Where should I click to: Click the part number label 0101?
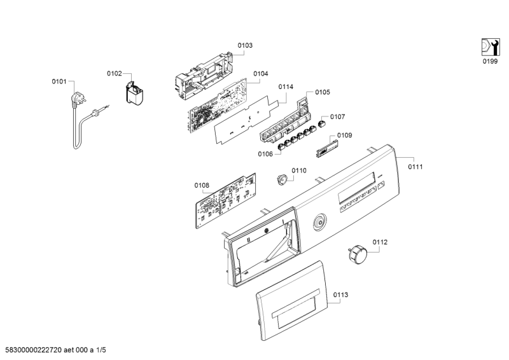(x=59, y=82)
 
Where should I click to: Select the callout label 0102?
(x=114, y=74)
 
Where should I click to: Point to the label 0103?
(x=245, y=46)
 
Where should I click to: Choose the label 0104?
(x=260, y=74)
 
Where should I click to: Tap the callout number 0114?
(x=285, y=87)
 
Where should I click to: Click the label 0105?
(x=323, y=92)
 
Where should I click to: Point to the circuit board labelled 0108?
(x=226, y=200)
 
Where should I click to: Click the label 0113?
(x=340, y=295)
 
